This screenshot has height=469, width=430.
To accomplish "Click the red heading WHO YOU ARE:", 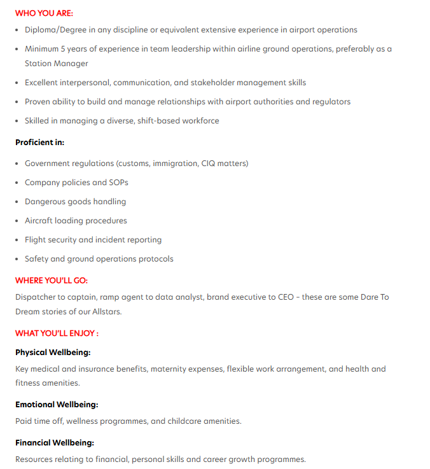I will (x=44, y=13).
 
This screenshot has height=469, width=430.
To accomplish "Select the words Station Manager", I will (x=56, y=64).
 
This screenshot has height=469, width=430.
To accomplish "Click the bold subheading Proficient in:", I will (x=39, y=143).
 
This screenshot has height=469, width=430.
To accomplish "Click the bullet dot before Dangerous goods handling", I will (x=17, y=202).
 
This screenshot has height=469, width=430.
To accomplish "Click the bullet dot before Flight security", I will (x=17, y=240).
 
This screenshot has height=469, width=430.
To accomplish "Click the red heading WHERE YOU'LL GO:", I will (x=52, y=281).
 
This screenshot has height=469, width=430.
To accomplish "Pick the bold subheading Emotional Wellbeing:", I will (x=57, y=405).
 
